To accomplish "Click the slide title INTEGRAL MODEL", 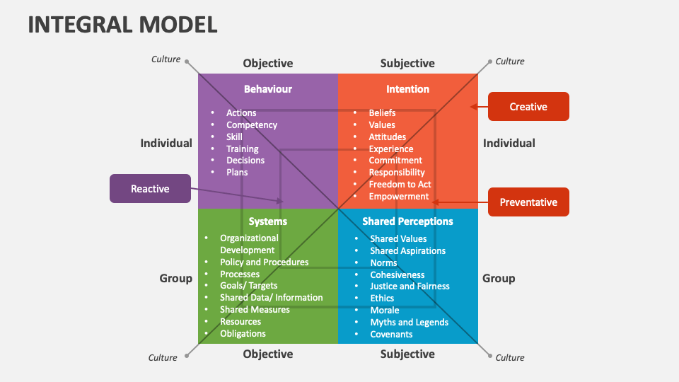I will pyautogui.click(x=122, y=24).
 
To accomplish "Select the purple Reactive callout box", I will pyautogui.click(x=150, y=189).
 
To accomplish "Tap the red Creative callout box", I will pyautogui.click(x=528, y=107).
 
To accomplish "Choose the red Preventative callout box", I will pyautogui.click(x=528, y=202).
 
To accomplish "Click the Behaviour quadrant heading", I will pyautogui.click(x=267, y=89).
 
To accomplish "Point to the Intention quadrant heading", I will pyautogui.click(x=407, y=89).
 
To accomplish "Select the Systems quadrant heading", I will pyautogui.click(x=267, y=221).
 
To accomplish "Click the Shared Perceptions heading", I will pyautogui.click(x=407, y=221).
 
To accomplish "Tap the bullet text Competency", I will pyautogui.click(x=251, y=125).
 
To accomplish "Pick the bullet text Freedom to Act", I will pyautogui.click(x=400, y=185).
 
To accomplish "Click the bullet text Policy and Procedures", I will pyautogui.click(x=264, y=262).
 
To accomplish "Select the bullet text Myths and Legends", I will pyautogui.click(x=409, y=323).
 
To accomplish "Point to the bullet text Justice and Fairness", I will pyautogui.click(x=410, y=286).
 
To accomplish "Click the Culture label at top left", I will pyautogui.click(x=166, y=59).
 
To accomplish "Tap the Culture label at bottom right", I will pyautogui.click(x=510, y=358).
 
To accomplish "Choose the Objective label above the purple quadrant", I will pyautogui.click(x=267, y=64).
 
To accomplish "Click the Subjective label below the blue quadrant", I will pyautogui.click(x=407, y=354).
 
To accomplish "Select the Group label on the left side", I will pyautogui.click(x=175, y=279).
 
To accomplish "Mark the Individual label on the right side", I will pyautogui.click(x=509, y=144).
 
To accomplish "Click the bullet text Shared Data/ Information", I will pyautogui.click(x=271, y=298).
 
